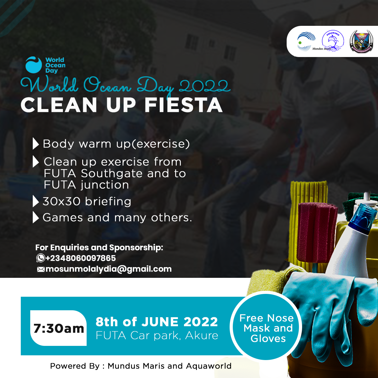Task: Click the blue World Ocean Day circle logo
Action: [33, 65]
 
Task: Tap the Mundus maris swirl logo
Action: [306, 42]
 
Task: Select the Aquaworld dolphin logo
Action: [333, 41]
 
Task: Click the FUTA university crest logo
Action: [361, 41]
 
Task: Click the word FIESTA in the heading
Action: [183, 105]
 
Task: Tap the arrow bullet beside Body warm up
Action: [36, 144]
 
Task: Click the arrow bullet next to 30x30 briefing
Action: [36, 201]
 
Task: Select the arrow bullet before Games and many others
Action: [36, 217]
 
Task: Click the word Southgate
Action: [112, 174]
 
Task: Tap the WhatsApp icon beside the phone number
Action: [41, 258]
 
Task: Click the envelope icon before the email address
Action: [41, 269]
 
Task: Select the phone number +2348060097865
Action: [81, 258]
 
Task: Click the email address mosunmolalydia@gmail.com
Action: [108, 269]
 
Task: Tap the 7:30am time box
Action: [59, 328]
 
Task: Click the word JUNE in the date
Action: [160, 322]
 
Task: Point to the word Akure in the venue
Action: [202, 335]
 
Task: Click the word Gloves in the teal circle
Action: [268, 339]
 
